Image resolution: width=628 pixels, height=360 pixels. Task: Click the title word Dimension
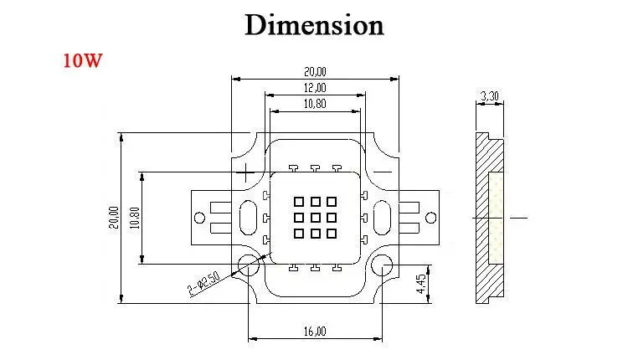click(x=314, y=25)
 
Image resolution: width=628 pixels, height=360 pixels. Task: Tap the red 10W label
click(x=83, y=60)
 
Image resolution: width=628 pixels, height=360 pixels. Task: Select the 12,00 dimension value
click(x=315, y=88)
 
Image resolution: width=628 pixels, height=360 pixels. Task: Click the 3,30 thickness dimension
click(x=490, y=96)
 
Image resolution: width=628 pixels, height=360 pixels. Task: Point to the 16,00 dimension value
click(x=315, y=332)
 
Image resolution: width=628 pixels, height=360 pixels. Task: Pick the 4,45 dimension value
click(x=421, y=284)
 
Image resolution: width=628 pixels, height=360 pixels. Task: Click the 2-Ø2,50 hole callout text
click(x=203, y=284)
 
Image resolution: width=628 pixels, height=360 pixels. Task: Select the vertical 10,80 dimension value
click(x=135, y=218)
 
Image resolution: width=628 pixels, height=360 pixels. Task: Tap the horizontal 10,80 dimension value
click(x=315, y=104)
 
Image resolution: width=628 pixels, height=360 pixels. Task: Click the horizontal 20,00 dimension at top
click(x=315, y=72)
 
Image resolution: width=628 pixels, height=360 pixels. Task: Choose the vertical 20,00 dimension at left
click(x=114, y=218)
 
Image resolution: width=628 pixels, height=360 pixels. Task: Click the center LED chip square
click(x=315, y=218)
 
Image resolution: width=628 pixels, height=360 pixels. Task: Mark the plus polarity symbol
click(x=246, y=172)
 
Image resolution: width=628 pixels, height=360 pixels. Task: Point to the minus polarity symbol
click(x=383, y=172)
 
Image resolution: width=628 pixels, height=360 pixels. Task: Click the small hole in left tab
click(x=199, y=218)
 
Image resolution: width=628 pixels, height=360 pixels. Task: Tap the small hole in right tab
click(x=431, y=218)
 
